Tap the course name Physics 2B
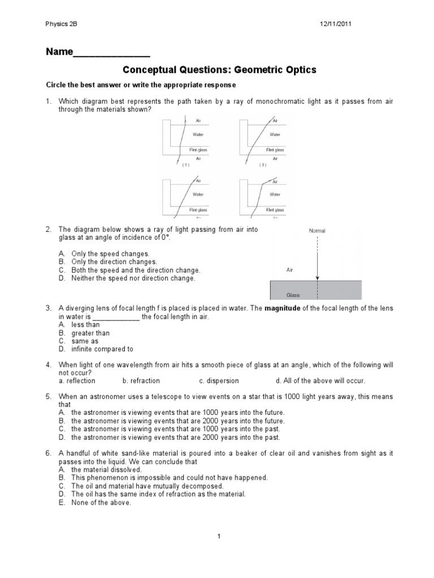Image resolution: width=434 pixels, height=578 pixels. click(x=60, y=24)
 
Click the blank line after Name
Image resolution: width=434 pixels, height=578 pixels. click(x=112, y=54)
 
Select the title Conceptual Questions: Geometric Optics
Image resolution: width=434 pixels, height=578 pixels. click(x=219, y=70)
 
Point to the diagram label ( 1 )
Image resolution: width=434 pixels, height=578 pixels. click(x=185, y=165)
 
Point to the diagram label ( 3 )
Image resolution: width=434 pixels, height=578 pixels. click(x=263, y=165)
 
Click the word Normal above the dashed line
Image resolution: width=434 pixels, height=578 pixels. click(x=317, y=231)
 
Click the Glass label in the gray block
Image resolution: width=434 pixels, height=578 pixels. click(x=293, y=294)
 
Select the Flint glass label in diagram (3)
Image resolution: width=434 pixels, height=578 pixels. click(x=275, y=150)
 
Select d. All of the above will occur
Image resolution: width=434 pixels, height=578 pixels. click(x=320, y=381)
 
